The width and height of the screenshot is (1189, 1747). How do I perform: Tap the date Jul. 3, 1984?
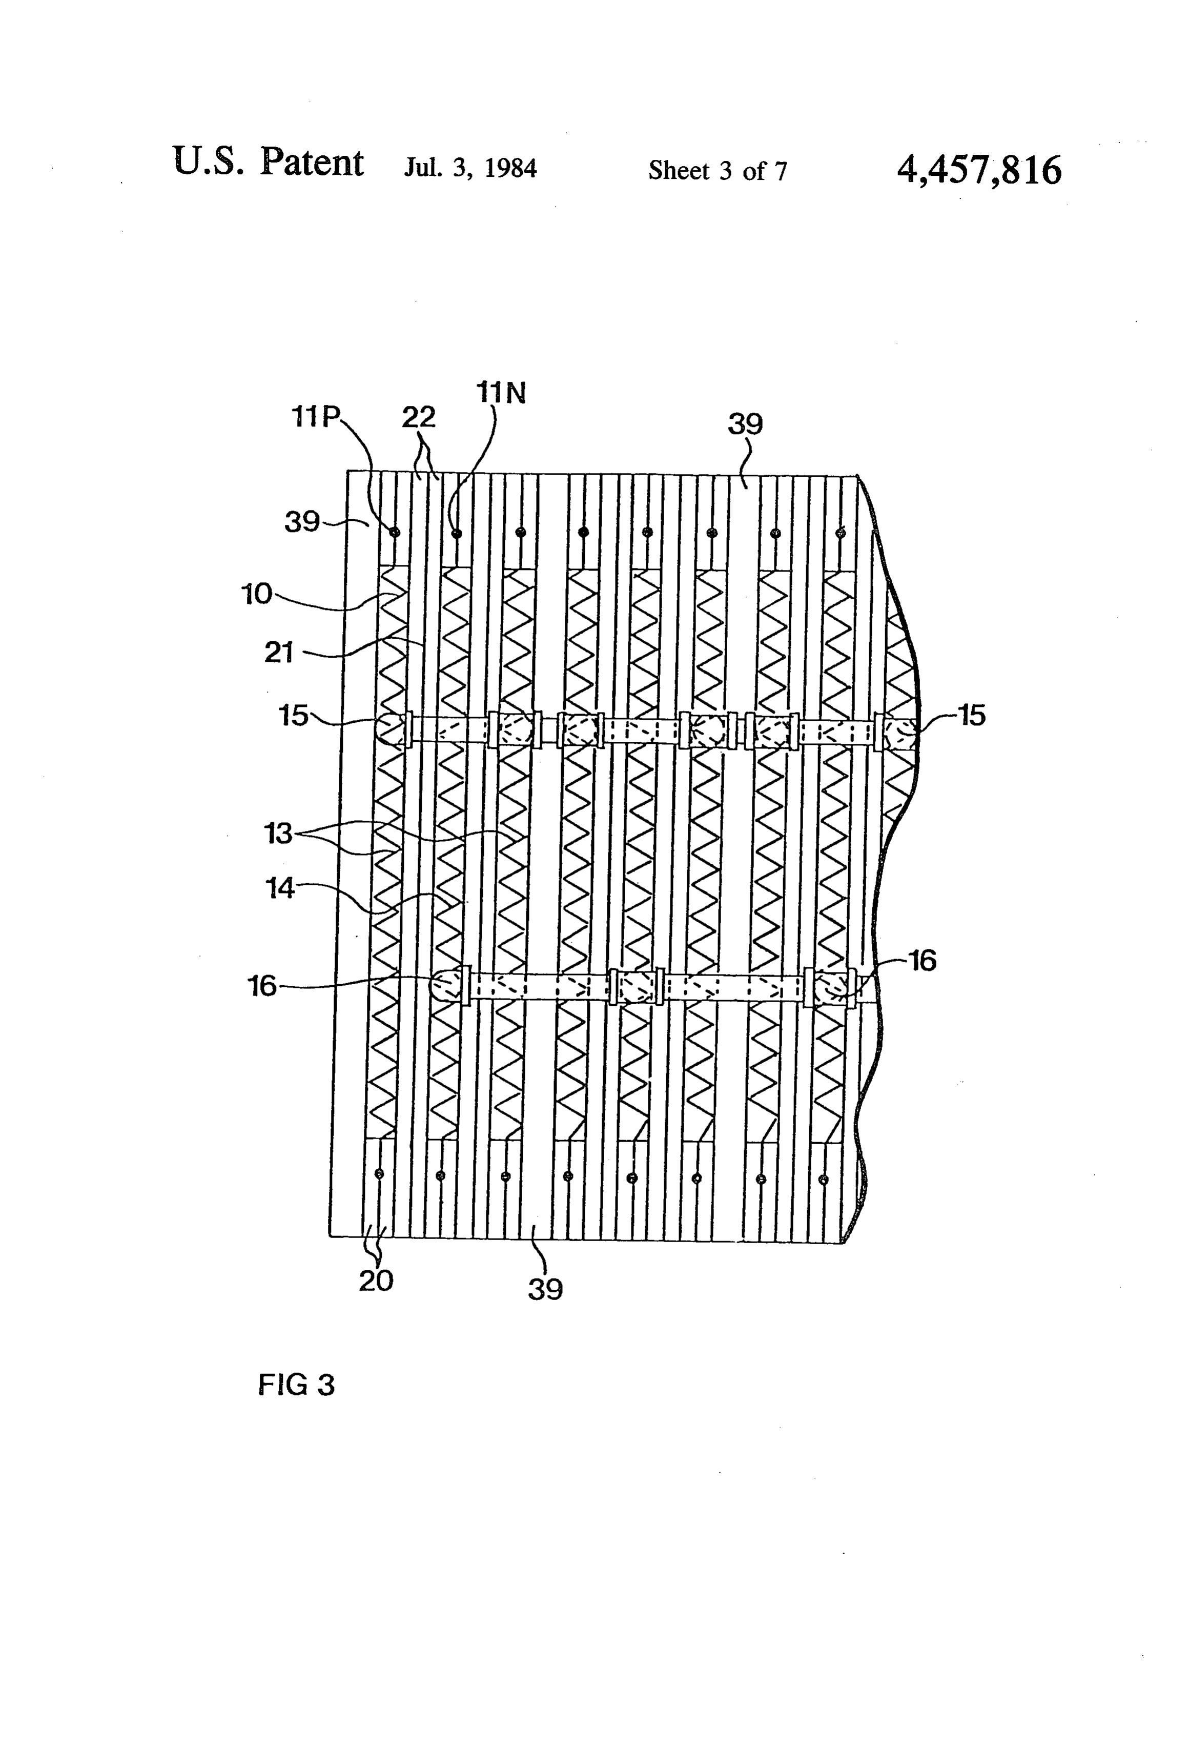(x=470, y=168)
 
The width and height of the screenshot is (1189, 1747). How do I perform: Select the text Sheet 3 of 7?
(x=718, y=171)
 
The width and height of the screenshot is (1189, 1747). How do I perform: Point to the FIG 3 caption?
(x=296, y=1384)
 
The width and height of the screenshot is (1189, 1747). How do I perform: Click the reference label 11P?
(x=316, y=416)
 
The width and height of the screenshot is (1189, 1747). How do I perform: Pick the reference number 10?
(x=257, y=594)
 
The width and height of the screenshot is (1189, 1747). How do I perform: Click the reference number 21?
(x=278, y=653)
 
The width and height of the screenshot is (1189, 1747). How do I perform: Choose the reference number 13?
(x=278, y=833)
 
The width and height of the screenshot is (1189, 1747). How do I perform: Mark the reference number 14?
(x=280, y=888)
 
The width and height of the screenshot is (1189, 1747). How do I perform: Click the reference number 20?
(x=376, y=1280)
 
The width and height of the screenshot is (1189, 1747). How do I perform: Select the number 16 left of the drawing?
(x=263, y=985)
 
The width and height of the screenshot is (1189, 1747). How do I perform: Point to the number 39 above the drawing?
(x=745, y=424)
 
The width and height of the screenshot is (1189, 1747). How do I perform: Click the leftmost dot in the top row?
(x=395, y=532)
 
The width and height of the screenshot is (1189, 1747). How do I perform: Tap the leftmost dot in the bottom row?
(x=380, y=1173)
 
